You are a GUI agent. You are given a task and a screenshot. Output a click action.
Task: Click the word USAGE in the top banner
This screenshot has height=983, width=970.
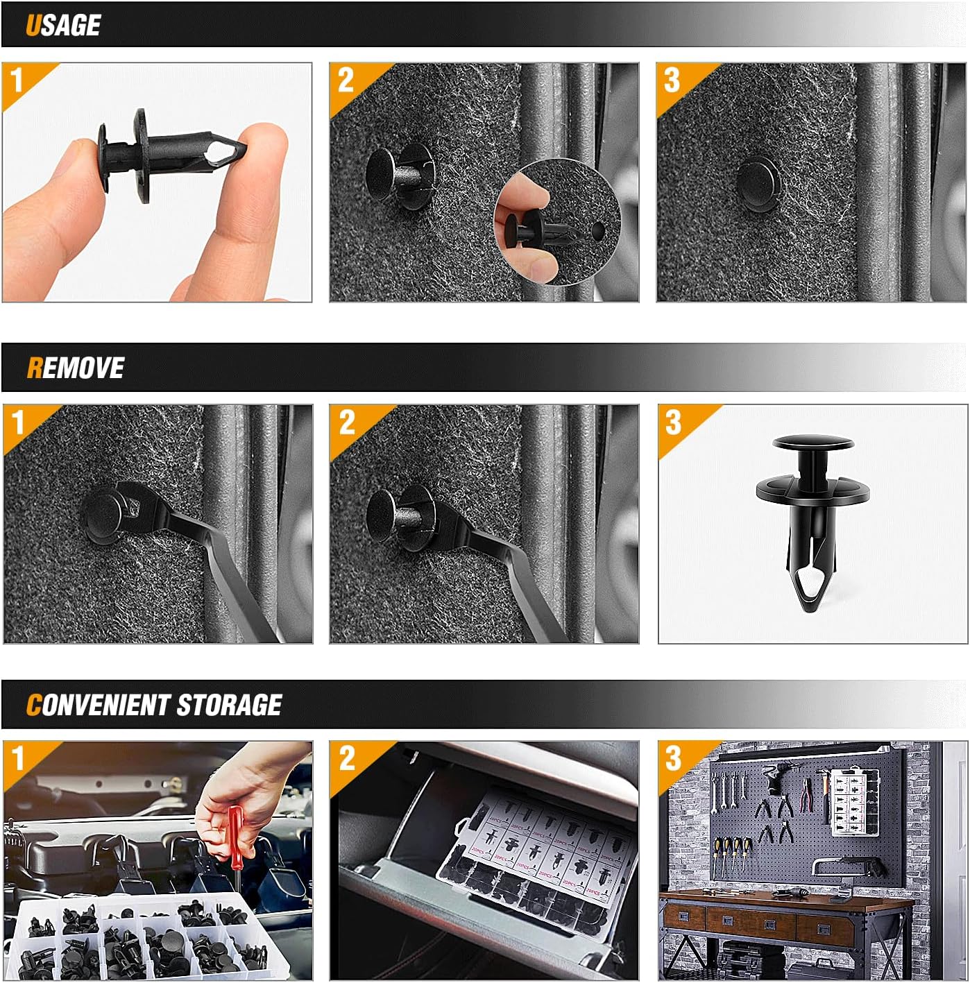pyautogui.click(x=63, y=25)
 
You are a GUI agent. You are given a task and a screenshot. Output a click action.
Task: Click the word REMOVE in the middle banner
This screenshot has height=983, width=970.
pyautogui.click(x=75, y=368)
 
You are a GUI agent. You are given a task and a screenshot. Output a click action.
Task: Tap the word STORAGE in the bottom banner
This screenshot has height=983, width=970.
pyautogui.click(x=229, y=705)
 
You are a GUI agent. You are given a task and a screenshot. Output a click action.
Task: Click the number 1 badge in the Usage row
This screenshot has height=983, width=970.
pyautogui.click(x=17, y=81)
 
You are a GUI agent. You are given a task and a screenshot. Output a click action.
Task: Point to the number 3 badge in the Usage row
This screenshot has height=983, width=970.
pyautogui.click(x=672, y=80)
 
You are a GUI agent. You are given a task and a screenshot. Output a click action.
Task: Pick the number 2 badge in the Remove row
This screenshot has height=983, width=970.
pyautogui.click(x=346, y=422)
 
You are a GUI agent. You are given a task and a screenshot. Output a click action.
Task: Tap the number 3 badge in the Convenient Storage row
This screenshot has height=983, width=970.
pyautogui.click(x=673, y=758)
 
